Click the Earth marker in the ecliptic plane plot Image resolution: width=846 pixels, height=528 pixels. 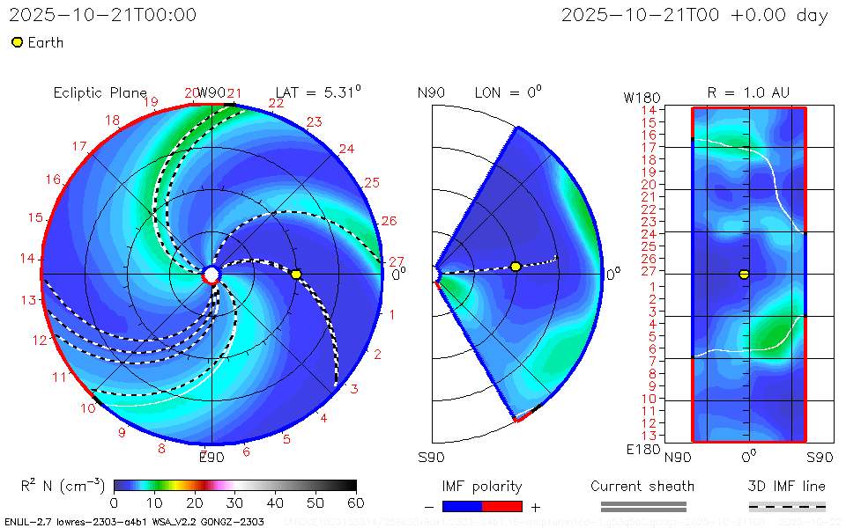click(x=296, y=275)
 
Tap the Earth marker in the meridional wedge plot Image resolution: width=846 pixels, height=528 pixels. click(x=516, y=266)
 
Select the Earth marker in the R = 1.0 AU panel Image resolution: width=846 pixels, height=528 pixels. click(x=744, y=274)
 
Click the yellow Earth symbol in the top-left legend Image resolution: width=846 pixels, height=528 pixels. click(x=17, y=42)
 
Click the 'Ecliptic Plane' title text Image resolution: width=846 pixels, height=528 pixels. click(x=100, y=92)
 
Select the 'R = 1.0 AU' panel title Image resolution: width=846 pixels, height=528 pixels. click(x=748, y=92)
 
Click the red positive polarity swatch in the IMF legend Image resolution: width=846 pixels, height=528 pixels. click(x=502, y=506)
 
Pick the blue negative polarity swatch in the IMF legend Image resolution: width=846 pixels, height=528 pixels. click(x=462, y=506)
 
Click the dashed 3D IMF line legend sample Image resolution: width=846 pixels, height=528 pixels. click(x=787, y=506)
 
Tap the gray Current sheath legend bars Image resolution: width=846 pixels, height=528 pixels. click(x=642, y=506)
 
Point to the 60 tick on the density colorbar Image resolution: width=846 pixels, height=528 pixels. click(x=356, y=502)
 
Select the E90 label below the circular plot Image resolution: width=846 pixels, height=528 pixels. click(x=211, y=457)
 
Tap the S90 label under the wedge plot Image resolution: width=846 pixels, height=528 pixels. click(x=431, y=457)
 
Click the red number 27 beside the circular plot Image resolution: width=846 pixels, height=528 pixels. click(x=397, y=261)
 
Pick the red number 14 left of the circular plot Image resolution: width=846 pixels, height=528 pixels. click(x=28, y=259)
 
